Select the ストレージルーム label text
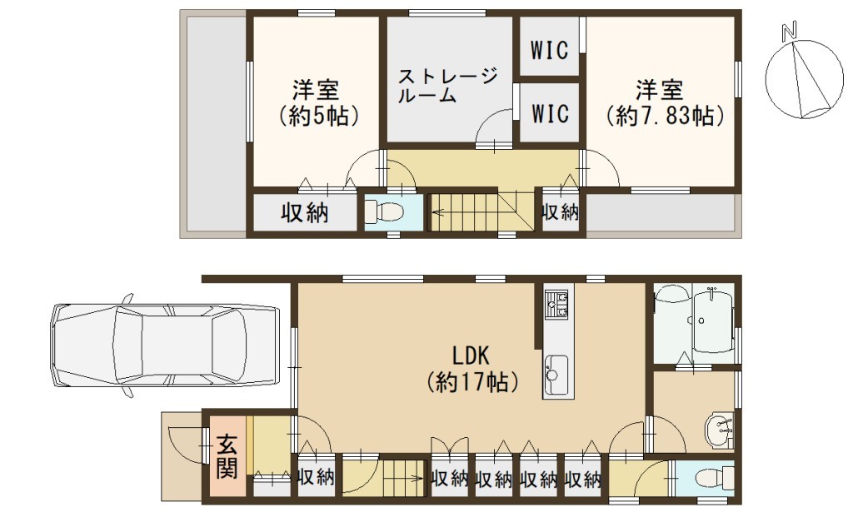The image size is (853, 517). [447, 85]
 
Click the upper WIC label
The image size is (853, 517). [550, 50]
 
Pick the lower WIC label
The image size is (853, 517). [550, 113]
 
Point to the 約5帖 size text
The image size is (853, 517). [317, 116]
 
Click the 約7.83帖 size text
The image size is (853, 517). [665, 116]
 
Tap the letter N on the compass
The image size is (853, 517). [789, 32]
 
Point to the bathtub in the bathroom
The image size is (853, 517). [713, 321]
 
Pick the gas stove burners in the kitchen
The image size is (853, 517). [556, 305]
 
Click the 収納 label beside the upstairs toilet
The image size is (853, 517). [305, 213]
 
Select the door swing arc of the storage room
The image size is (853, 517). [486, 120]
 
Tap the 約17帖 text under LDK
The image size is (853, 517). [471, 382]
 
